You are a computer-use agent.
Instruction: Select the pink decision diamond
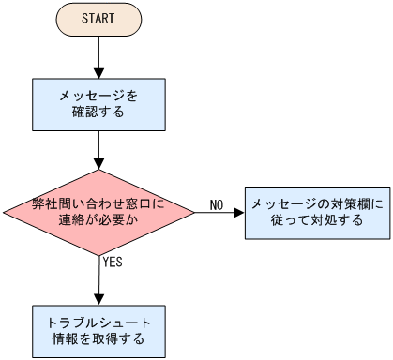pyautogui.click(x=98, y=212)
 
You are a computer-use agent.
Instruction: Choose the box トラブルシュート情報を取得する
pyautogui.click(x=98, y=331)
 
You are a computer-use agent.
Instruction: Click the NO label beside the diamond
pyautogui.click(x=216, y=204)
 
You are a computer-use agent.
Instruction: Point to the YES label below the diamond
pyautogui.click(x=113, y=262)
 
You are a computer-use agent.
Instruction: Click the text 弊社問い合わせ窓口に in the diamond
pyautogui.click(x=98, y=202)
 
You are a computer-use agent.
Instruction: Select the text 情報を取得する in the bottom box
pyautogui.click(x=98, y=340)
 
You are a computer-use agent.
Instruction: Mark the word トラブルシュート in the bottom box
pyautogui.click(x=98, y=322)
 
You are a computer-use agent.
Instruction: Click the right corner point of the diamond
pyautogui.click(x=194, y=212)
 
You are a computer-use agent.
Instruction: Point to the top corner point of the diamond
pyautogui.click(x=98, y=171)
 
